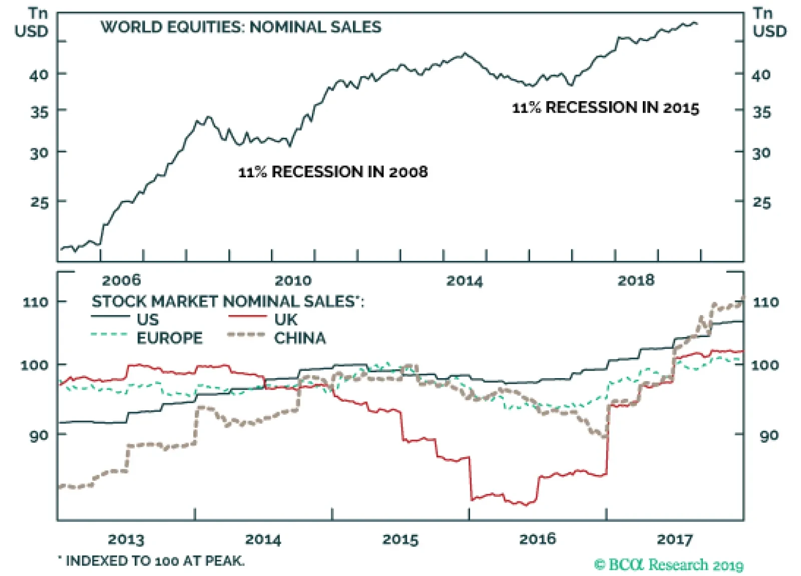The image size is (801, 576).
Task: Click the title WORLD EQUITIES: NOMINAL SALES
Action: click(x=241, y=27)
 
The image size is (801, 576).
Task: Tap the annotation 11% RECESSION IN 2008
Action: click(x=333, y=172)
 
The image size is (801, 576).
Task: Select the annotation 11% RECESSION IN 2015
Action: click(x=605, y=108)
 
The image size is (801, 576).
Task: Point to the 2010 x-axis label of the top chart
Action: click(x=293, y=280)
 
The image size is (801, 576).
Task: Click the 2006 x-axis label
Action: click(x=121, y=280)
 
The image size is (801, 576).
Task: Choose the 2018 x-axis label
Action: click(x=636, y=280)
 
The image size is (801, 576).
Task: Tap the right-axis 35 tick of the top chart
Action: click(x=761, y=112)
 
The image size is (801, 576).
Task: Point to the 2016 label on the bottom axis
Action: click(x=537, y=539)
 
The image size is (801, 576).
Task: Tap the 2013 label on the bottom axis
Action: click(x=126, y=539)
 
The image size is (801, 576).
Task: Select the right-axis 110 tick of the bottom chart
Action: click(x=766, y=302)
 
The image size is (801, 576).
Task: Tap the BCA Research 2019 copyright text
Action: click(x=669, y=565)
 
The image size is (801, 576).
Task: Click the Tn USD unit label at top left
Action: click(x=32, y=23)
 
